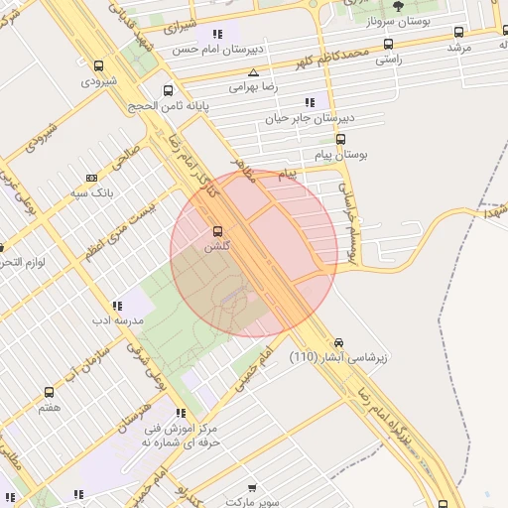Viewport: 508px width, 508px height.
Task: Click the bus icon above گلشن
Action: [216, 231]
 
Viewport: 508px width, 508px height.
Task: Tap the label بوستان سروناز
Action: [399, 20]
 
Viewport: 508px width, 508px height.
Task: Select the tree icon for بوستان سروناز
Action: [399, 5]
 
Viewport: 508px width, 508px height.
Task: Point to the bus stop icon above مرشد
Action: [457, 33]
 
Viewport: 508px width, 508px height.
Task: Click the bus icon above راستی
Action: [387, 45]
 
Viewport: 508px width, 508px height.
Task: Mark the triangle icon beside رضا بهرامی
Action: [253, 72]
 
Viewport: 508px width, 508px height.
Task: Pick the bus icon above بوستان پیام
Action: [341, 140]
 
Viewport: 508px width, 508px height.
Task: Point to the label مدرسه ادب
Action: [117, 319]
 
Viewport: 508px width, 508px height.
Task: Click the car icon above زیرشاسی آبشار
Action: [340, 341]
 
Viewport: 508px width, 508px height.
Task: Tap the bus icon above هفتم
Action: [49, 393]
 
